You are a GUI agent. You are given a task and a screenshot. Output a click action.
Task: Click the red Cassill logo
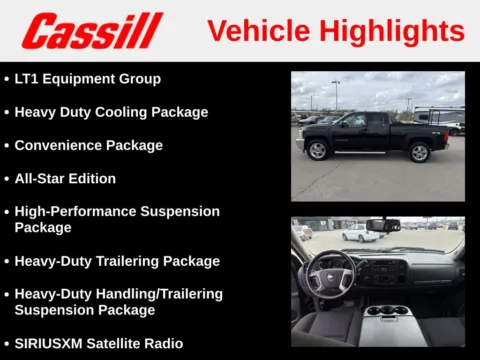click(92, 30)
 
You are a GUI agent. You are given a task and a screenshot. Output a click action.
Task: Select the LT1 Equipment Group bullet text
click(87, 78)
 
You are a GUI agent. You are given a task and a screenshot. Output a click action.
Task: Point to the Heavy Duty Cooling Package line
click(111, 112)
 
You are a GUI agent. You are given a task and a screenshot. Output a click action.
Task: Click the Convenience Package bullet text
click(88, 145)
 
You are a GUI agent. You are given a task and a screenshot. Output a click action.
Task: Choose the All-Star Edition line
click(65, 178)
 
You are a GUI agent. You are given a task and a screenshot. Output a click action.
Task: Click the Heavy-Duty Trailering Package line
click(117, 261)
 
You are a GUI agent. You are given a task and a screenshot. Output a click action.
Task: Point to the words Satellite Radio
click(139, 343)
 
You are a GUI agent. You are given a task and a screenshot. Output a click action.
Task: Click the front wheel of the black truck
click(319, 151)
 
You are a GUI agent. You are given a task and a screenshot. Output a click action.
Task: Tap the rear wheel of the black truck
click(420, 152)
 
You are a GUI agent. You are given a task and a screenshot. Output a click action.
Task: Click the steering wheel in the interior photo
click(331, 275)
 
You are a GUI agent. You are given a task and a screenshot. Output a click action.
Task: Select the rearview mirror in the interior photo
click(382, 225)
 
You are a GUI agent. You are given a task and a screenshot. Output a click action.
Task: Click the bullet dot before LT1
click(6, 78)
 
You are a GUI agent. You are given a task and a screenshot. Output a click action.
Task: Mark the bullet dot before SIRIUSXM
click(6, 343)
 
